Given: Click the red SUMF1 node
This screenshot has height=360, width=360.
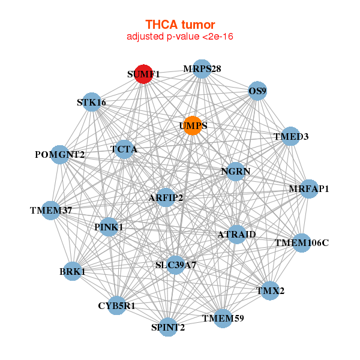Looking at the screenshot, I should click(143, 74).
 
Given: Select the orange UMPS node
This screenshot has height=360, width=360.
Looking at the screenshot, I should click(192, 125).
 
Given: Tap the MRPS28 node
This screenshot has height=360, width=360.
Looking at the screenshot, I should click(202, 68).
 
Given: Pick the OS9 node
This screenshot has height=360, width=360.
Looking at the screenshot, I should click(257, 91).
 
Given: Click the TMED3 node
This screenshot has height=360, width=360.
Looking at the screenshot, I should click(290, 136).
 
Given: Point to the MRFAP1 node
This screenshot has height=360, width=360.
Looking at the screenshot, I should click(308, 189).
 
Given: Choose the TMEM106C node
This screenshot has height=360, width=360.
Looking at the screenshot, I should click(301, 243).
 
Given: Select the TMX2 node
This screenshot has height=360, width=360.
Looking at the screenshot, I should click(271, 290).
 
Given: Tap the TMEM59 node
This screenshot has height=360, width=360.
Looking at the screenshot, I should click(223, 318).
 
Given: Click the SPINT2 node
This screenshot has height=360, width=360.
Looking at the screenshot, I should click(168, 327).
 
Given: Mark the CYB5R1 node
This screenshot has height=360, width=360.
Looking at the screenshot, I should click(117, 305).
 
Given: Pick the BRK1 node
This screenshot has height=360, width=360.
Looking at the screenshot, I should click(73, 271).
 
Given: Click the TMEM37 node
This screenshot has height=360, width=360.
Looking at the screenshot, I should click(51, 210).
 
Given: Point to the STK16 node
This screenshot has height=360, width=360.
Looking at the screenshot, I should click(91, 102).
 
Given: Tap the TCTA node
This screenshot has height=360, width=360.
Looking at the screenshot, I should click(124, 149).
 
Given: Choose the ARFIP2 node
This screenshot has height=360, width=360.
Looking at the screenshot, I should click(166, 197).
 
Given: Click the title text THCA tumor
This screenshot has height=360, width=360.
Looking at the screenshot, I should click(180, 25).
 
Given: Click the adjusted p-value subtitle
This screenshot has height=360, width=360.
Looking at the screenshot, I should click(180, 37).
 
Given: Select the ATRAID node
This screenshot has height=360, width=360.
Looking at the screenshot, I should click(236, 234).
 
